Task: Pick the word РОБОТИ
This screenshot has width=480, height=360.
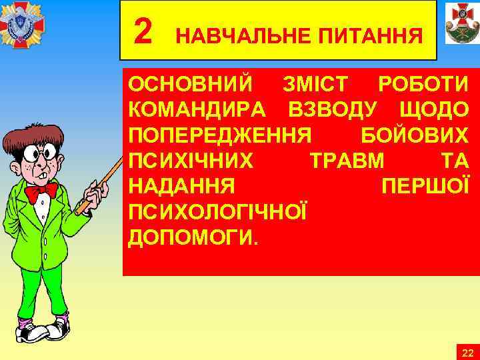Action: [423, 85]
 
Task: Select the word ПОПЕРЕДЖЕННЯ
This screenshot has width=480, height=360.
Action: [220, 135]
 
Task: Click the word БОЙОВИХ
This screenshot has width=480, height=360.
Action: [414, 135]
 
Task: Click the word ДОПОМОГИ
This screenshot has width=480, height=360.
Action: [191, 237]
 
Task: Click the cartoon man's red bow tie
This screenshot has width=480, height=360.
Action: [41, 192]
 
